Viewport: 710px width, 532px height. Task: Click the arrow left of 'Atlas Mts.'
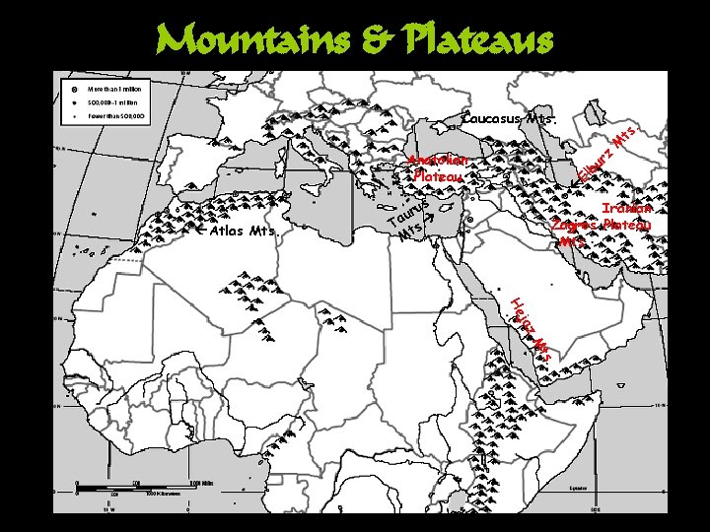tap(204, 233)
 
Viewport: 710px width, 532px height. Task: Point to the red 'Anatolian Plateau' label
tap(439, 167)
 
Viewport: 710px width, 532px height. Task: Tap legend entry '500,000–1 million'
tap(116, 101)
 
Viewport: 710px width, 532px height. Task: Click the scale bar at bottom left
tap(138, 485)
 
